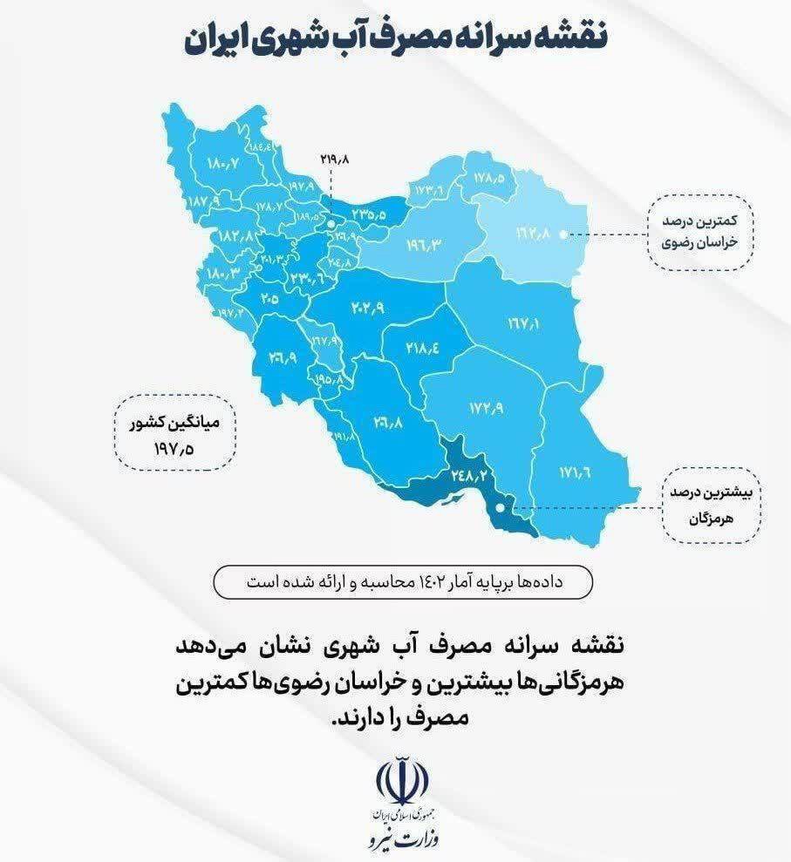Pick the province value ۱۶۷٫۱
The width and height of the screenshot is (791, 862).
pyautogui.click(x=523, y=323)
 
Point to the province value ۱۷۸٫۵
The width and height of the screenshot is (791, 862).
pyautogui.click(x=489, y=176)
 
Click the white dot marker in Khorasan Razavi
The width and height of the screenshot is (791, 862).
pyautogui.click(x=563, y=234)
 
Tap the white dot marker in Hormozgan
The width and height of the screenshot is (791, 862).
pyautogui.click(x=498, y=506)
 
